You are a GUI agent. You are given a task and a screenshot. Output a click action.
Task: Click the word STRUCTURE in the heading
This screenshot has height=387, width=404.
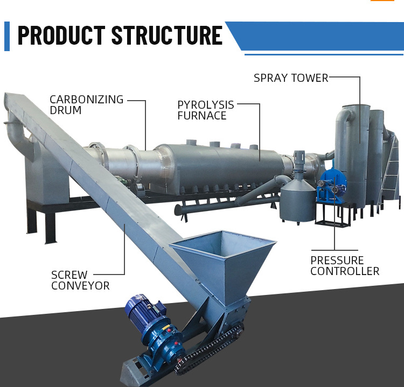coord(166,36)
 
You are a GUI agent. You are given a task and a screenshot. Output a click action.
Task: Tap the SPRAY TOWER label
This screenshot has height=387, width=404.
coord(291,78)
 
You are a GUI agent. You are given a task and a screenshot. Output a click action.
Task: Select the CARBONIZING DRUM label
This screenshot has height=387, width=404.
coord(86,105)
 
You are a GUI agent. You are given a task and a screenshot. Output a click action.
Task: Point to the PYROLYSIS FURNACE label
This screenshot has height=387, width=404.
coord(206,110)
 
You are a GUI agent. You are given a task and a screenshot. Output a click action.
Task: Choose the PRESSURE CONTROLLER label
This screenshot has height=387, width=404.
coord(345,266)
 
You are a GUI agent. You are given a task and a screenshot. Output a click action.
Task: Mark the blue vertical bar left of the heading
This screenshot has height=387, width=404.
coord(7,36)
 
